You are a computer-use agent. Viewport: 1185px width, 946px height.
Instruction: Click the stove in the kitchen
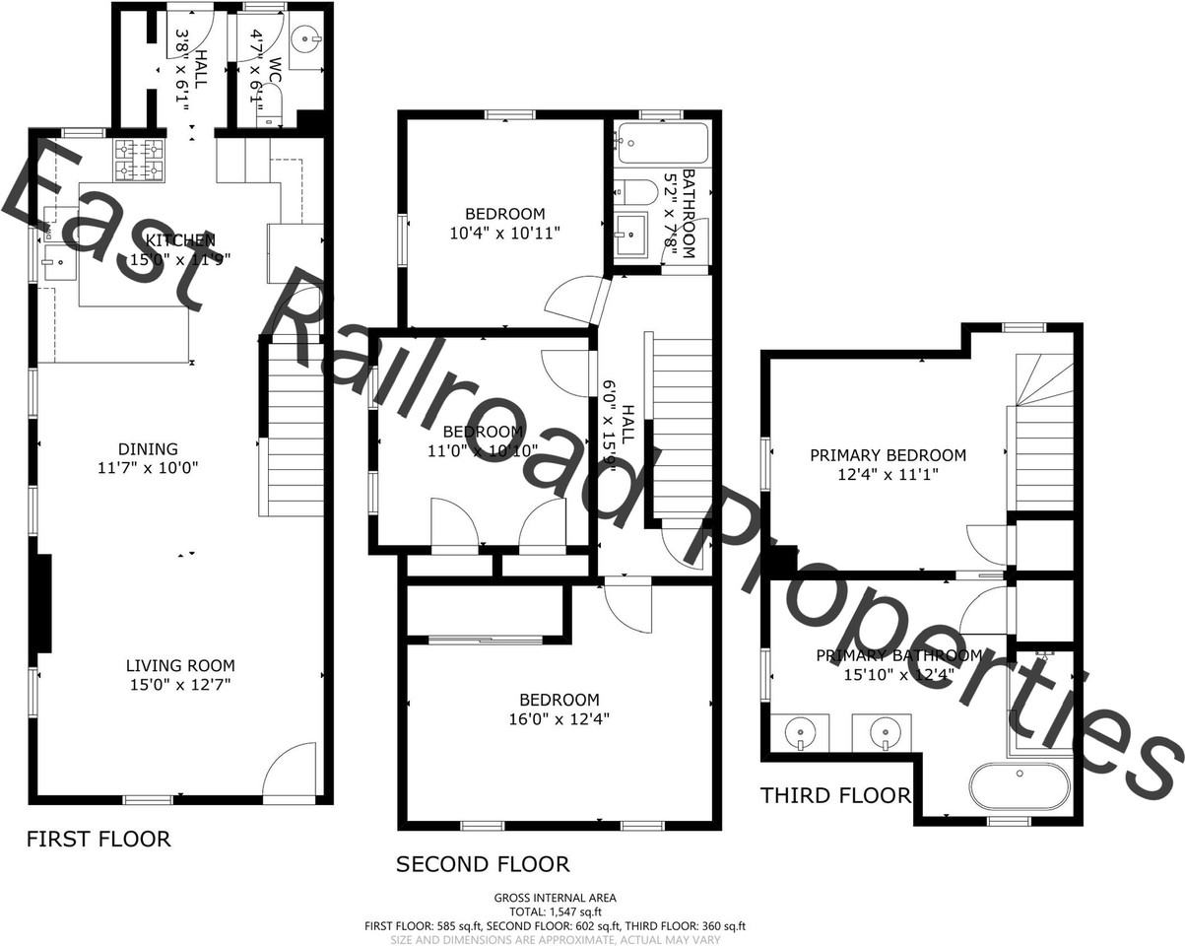coord(139,161)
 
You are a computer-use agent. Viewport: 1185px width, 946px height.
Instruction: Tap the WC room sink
coord(307,40)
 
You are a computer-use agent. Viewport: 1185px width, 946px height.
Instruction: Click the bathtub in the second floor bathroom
coord(663,144)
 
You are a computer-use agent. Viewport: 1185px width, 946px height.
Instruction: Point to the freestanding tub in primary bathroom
coord(1019,786)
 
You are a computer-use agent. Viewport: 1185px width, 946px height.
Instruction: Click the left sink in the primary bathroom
coord(799,732)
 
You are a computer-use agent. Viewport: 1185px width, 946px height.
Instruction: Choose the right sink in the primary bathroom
coord(883,732)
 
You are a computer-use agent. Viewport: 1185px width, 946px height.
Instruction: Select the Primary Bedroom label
coord(888,455)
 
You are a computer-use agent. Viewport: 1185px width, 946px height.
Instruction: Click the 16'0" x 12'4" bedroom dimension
coord(559,719)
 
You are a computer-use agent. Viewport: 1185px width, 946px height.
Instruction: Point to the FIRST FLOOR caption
coord(99,840)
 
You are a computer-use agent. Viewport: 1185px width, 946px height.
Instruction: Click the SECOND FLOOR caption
coord(483,865)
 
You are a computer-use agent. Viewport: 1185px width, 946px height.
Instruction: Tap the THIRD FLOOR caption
coord(835,795)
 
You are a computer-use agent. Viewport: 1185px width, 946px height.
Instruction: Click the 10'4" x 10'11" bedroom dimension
coord(505,234)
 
